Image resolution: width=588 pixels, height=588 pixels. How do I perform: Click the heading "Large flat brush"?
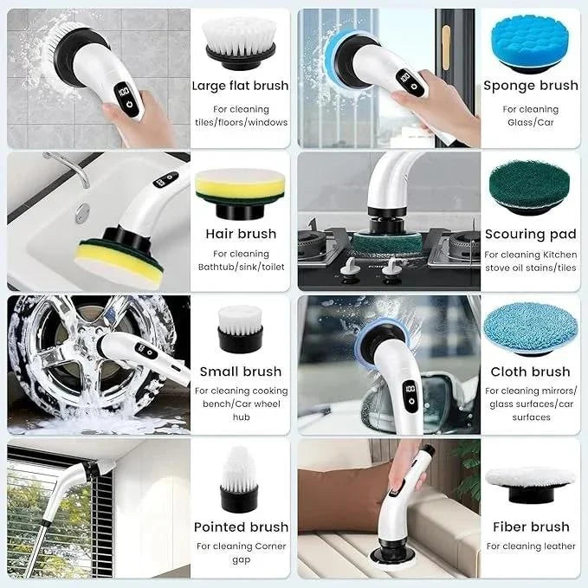(x=240, y=86)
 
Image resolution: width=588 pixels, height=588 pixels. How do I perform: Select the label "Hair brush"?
(x=240, y=233)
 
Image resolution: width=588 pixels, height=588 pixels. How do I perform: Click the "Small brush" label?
(x=240, y=372)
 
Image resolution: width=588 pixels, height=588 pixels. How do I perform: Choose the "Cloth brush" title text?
(x=530, y=372)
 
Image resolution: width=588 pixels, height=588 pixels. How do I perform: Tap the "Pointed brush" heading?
(x=240, y=527)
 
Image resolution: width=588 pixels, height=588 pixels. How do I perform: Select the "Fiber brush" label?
(x=531, y=527)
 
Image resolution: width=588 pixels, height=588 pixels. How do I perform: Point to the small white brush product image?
(x=236, y=326)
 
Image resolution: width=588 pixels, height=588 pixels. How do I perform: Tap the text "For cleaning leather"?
(x=530, y=546)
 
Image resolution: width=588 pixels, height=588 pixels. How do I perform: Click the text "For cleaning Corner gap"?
(x=240, y=553)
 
